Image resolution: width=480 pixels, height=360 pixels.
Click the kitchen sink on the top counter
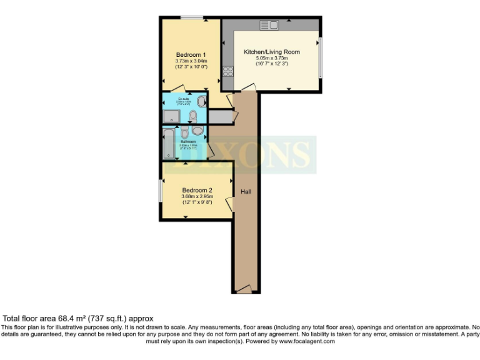click(271, 25)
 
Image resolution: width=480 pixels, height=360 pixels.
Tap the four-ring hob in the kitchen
click(227, 71)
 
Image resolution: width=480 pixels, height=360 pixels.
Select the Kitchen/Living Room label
click(277, 52)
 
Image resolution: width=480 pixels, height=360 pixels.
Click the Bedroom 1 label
click(191, 54)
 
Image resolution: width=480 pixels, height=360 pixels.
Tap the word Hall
click(246, 191)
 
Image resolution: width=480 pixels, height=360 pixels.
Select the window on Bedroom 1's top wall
click(191, 17)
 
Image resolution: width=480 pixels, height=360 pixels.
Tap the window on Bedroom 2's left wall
click(161, 190)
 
